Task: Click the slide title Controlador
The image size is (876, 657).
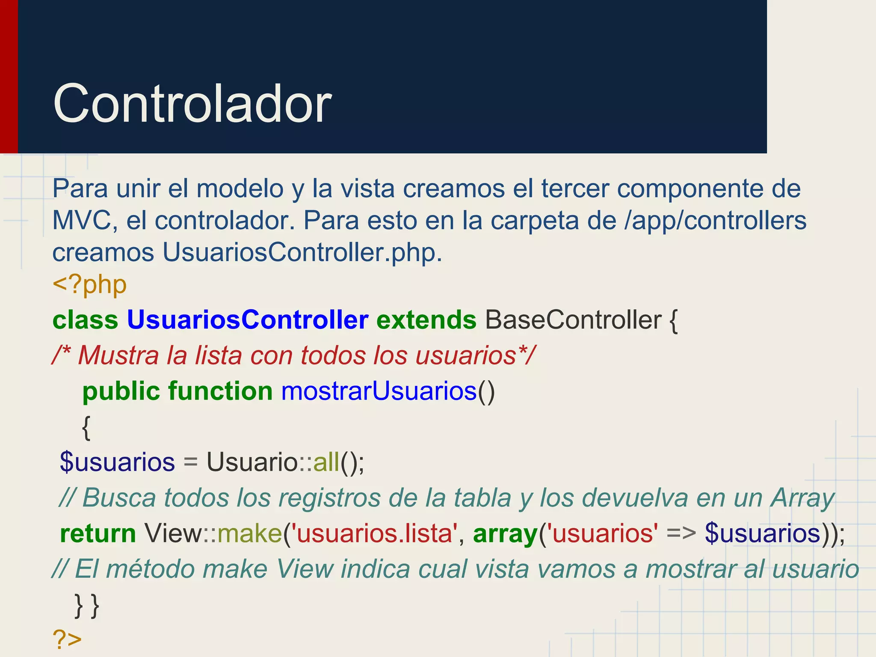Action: click(x=192, y=104)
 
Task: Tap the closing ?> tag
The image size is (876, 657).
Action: click(x=67, y=639)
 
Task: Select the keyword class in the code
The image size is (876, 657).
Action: click(x=85, y=320)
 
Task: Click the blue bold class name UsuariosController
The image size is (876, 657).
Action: click(x=248, y=320)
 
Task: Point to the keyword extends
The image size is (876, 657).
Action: click(x=426, y=320)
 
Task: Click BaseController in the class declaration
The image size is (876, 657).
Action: click(x=573, y=320)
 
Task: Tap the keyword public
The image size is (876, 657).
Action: click(x=121, y=391)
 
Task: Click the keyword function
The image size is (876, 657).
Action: click(x=220, y=391)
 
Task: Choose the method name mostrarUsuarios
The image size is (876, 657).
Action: click(x=379, y=391)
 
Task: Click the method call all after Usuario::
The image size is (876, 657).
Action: click(x=326, y=462)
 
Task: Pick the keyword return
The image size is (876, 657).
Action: click(x=98, y=533)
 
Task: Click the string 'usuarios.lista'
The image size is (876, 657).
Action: click(x=374, y=533)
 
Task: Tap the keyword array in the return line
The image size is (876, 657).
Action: click(x=505, y=533)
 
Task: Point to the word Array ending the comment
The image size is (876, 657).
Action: click(x=802, y=499)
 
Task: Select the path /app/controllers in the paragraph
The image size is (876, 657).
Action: click(x=715, y=221)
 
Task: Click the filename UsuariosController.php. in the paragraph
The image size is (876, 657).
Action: click(x=302, y=252)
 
